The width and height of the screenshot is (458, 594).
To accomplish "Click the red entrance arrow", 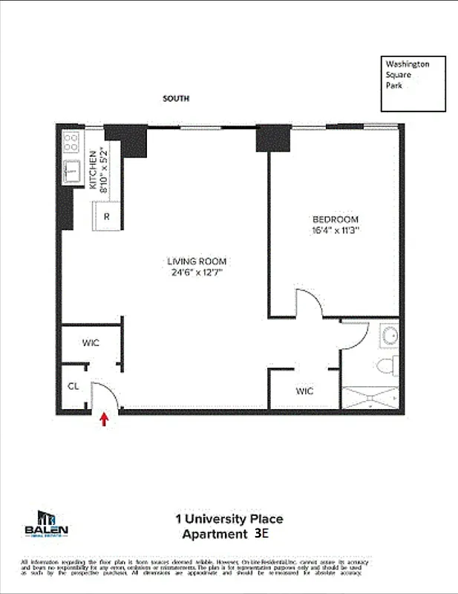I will tap(104, 420).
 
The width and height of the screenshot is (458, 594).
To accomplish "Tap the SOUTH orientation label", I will tap(177, 99).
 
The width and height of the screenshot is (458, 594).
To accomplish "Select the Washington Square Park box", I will tap(413, 83).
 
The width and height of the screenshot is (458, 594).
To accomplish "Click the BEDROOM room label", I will tap(335, 220).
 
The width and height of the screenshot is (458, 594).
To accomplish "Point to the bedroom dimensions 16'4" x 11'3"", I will tap(335, 231).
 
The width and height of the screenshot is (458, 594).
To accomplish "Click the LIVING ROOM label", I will tap(196, 261).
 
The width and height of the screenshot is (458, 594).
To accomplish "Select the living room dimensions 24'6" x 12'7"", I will tap(196, 272).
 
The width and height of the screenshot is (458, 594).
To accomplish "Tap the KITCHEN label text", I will tap(94, 171).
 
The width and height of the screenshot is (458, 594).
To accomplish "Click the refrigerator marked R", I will tap(107, 217).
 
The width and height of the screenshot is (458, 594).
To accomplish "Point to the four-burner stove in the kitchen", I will tap(71, 141).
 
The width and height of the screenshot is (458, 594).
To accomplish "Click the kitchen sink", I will tap(73, 172).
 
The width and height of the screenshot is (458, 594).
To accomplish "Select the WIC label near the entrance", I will tap(91, 343).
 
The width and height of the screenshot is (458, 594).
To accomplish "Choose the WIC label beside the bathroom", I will tap(304, 391).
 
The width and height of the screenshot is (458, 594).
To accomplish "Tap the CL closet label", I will tap(73, 386).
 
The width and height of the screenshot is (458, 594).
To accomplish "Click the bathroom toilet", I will tap(386, 366).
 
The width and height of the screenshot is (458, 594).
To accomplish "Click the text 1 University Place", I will tap(229, 519).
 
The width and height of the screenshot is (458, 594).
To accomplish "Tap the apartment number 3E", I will tap(261, 533).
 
